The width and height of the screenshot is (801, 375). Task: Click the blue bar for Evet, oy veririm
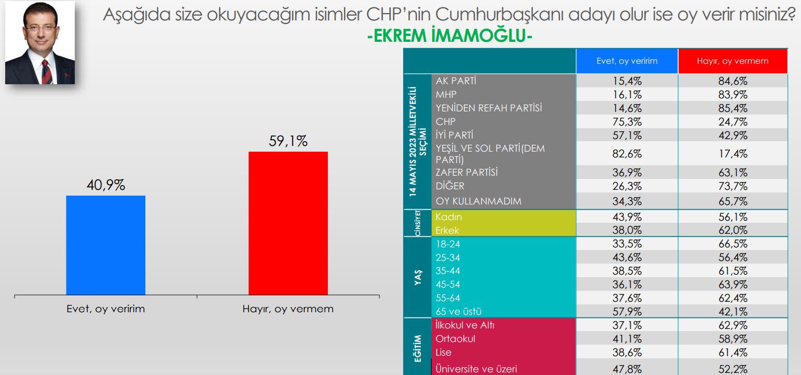106,245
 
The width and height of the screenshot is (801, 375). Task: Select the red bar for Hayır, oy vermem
288,223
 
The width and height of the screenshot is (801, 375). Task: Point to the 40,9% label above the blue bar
106,185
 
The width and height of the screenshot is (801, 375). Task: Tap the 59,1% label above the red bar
288,141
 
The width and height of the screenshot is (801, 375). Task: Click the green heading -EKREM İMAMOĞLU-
450,37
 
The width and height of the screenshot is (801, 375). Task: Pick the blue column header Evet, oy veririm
627,61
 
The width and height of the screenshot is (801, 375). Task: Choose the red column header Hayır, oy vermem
733,61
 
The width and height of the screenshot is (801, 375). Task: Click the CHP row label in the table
445,121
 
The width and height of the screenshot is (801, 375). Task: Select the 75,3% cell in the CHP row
627,122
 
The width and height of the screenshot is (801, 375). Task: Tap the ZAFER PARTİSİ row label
466,172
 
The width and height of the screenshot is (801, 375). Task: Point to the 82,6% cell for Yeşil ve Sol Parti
627,154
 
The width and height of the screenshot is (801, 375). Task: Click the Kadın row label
449,217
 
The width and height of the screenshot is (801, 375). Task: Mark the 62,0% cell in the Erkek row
733,231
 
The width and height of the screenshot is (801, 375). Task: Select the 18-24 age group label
447,244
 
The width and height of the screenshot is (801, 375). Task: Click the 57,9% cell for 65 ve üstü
627,312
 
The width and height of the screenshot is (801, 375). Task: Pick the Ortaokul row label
455,338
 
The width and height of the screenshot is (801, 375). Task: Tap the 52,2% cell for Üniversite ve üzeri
733,369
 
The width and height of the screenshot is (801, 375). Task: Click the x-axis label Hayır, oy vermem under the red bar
288,309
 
